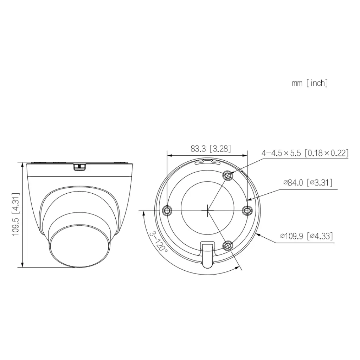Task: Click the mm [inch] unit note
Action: (x=309, y=83)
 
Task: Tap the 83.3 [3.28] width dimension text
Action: (x=211, y=149)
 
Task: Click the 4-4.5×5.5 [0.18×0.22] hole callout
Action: (x=304, y=153)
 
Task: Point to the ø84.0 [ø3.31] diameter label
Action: (x=308, y=182)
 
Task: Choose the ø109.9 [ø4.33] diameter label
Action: (x=306, y=236)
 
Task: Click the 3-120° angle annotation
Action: (x=157, y=240)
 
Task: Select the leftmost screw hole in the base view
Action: (x=168, y=210)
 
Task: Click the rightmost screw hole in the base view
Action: (x=248, y=210)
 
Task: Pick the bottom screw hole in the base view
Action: (x=228, y=245)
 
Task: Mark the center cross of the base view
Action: (x=208, y=210)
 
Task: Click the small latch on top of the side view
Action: (x=80, y=166)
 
